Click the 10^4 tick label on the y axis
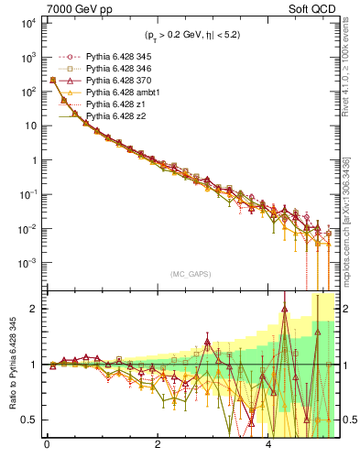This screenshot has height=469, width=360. click(x=26, y=23)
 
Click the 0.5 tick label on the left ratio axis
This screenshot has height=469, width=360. click(x=29, y=420)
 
